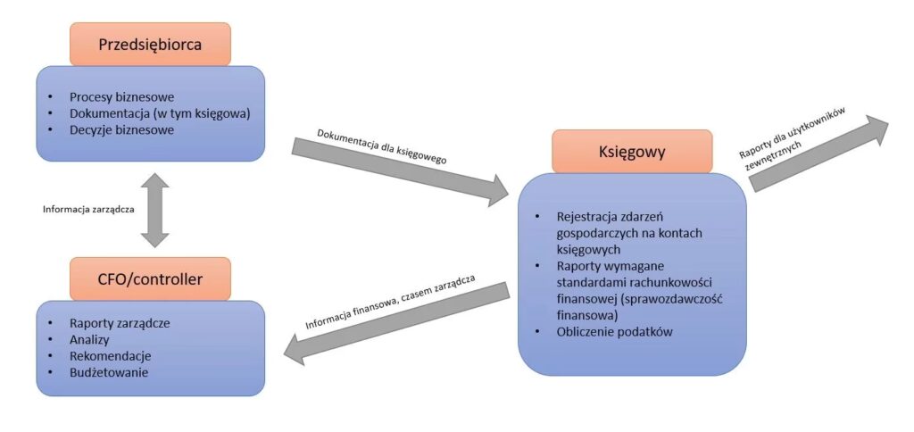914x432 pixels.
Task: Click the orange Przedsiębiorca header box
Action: coord(150,44)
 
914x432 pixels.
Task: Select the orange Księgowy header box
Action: coord(632,151)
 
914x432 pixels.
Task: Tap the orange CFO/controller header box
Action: coord(150,279)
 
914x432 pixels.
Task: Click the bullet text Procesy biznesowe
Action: coord(121,96)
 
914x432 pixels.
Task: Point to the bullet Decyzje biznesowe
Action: coord(121,129)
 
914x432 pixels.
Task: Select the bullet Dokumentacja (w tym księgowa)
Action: coord(160,113)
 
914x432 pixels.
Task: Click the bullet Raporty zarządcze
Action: coord(120,323)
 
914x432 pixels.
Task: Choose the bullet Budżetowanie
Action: coord(109,372)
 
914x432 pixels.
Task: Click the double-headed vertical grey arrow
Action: coord(154,210)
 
